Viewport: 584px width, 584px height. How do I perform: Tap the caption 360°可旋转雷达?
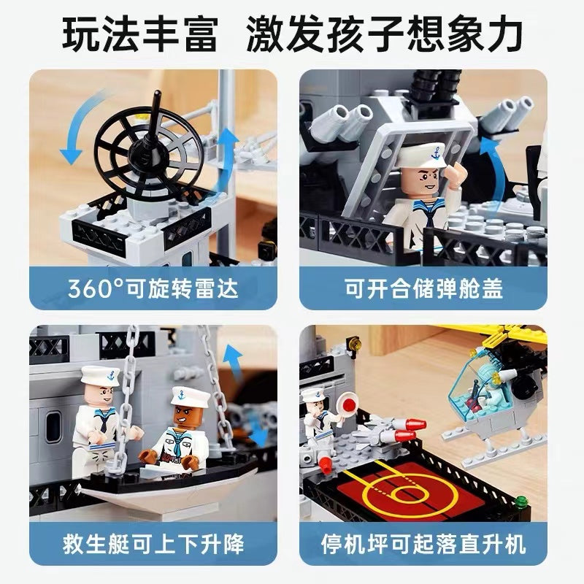153,288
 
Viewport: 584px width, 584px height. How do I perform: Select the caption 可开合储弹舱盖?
423,288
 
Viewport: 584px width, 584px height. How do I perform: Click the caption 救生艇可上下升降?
153,544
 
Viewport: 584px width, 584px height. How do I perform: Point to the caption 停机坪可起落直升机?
423,544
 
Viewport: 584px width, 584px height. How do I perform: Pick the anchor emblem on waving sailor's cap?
434,153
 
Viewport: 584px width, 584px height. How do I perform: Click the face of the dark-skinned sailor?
185,415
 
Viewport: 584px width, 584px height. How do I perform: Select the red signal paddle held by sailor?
345,404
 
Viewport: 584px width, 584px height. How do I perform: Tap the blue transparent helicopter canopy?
472,384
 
